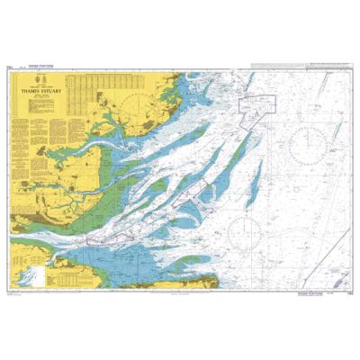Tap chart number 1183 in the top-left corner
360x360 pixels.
click(x=11, y=66)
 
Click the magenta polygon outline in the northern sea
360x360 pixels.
click(x=257, y=106)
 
